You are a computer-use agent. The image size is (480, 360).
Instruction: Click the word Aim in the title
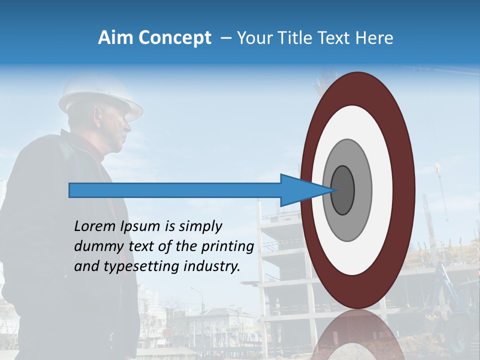(x=115, y=38)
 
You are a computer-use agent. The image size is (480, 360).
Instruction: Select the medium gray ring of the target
(x=362, y=190)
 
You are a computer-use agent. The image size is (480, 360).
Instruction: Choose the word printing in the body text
(x=227, y=247)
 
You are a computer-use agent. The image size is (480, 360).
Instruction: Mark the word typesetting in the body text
(x=137, y=267)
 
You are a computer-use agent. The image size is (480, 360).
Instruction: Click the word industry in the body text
(x=212, y=266)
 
